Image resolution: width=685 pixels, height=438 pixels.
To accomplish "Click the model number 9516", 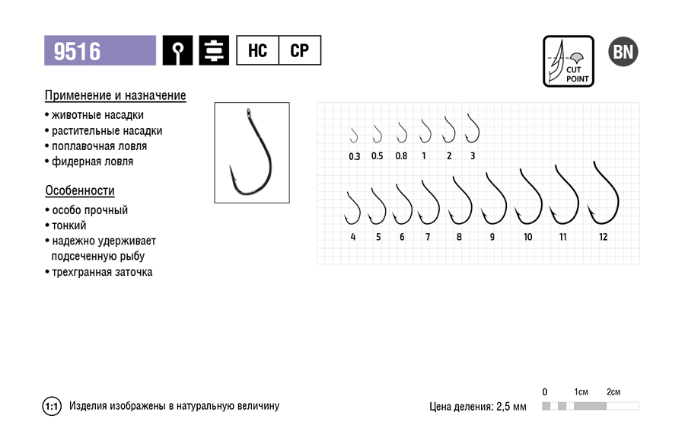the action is point(77,51).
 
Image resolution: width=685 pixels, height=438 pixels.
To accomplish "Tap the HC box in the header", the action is point(257,50).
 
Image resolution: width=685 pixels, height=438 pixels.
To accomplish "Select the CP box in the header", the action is point(300,50).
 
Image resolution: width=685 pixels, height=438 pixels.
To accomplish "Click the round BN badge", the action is point(623,52).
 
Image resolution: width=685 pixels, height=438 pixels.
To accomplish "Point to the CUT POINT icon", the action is point(569,61).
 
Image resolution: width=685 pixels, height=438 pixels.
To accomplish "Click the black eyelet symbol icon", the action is point(177,50).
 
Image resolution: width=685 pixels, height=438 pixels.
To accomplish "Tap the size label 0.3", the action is point(354,156).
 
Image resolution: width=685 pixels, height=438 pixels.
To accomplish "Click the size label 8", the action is point(459,237).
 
